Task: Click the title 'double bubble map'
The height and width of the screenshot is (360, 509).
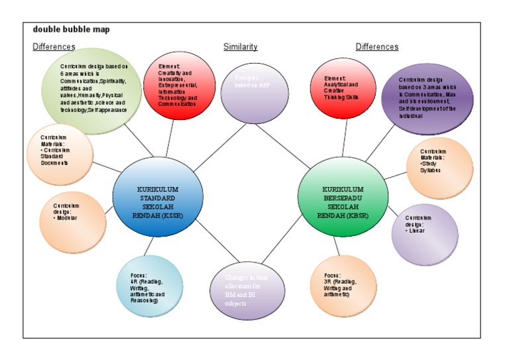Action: click(x=71, y=29)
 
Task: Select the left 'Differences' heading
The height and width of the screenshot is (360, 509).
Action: click(x=54, y=47)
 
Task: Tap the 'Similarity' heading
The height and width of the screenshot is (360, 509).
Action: click(x=240, y=47)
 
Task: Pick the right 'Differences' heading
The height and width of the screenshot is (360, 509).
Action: click(x=376, y=47)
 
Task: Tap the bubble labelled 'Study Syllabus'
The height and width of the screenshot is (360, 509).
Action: click(x=439, y=168)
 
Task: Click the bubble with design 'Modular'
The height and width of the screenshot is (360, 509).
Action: click(x=72, y=222)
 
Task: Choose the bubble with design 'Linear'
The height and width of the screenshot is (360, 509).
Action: click(x=424, y=234)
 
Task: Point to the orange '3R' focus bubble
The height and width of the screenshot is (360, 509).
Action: click(x=343, y=286)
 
